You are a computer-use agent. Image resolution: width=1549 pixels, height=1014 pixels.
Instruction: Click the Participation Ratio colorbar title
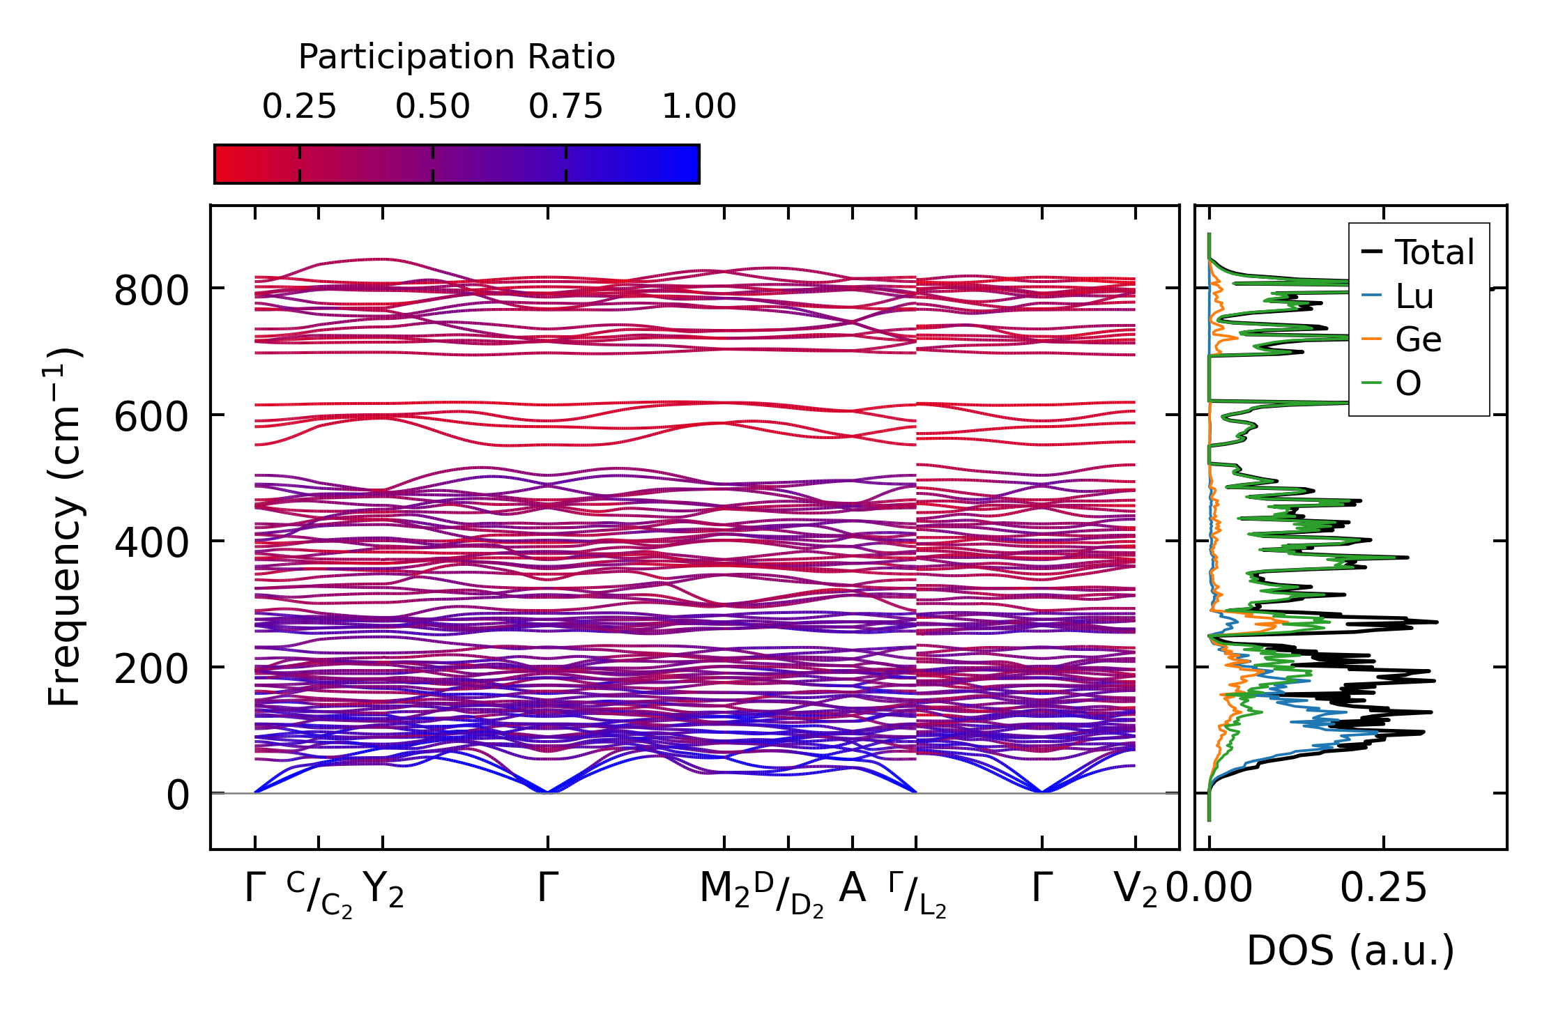tap(457, 57)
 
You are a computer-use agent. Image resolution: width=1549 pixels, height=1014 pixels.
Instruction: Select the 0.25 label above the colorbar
tap(299, 107)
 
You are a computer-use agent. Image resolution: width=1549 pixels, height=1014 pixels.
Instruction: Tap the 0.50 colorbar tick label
tap(432, 107)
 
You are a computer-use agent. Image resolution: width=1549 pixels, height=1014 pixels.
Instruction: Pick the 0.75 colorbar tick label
tap(565, 107)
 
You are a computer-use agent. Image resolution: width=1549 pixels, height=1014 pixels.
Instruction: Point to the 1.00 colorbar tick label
tap(699, 107)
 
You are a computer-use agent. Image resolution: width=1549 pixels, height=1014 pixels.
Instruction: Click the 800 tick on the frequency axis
tap(151, 291)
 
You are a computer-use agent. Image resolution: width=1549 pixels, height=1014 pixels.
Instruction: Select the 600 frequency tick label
tap(151, 417)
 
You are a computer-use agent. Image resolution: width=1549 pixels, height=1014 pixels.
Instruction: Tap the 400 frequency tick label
tap(151, 543)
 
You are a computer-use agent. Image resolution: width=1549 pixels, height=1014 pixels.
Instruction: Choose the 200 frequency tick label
tap(151, 669)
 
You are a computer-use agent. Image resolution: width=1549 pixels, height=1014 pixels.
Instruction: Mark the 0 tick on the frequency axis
tap(177, 795)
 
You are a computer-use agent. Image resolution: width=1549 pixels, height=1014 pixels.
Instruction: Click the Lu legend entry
tap(1414, 296)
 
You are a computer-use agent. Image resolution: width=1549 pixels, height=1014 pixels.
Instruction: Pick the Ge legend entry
tap(1418, 339)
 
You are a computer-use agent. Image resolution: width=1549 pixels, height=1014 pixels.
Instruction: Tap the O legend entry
tap(1407, 383)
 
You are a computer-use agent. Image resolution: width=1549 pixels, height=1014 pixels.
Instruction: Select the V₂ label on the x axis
tap(1136, 889)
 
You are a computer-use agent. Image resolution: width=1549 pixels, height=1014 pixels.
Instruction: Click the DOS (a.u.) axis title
tap(1350, 951)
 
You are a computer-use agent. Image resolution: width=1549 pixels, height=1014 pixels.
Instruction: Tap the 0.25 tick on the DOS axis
tap(1384, 889)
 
